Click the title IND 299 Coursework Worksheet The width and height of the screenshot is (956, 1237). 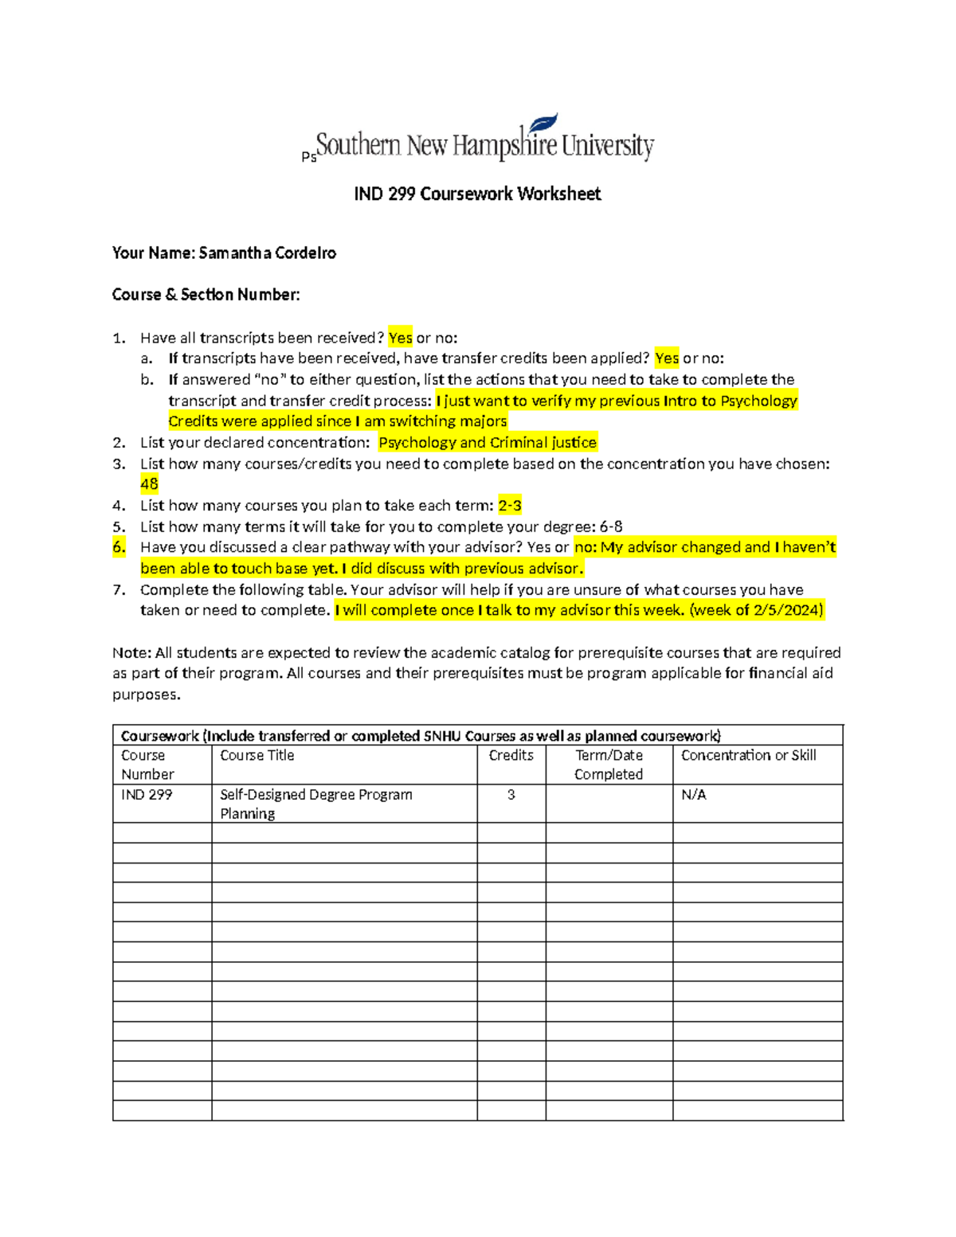point(477,194)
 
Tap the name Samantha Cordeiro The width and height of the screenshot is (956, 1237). point(267,253)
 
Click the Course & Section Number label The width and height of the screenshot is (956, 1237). point(206,295)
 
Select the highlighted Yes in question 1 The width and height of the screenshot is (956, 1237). point(400,338)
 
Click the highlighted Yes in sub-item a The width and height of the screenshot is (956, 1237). point(667,358)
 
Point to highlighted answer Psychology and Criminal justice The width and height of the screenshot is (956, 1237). point(487,443)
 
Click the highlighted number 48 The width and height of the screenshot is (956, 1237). point(149,484)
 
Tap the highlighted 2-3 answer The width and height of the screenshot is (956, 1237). point(510,506)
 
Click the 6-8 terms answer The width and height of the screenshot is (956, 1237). point(611,527)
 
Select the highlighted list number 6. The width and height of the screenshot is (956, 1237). point(119,547)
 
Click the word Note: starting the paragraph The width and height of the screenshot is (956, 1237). point(131,653)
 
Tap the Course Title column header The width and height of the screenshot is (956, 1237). point(257,755)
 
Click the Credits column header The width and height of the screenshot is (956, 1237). point(511,755)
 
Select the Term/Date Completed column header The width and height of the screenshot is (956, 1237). point(609,765)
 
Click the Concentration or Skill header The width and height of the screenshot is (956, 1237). point(748,755)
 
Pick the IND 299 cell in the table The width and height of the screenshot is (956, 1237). point(147,795)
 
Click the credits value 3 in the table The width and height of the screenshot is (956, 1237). point(511,795)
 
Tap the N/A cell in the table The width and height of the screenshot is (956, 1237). point(694,795)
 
